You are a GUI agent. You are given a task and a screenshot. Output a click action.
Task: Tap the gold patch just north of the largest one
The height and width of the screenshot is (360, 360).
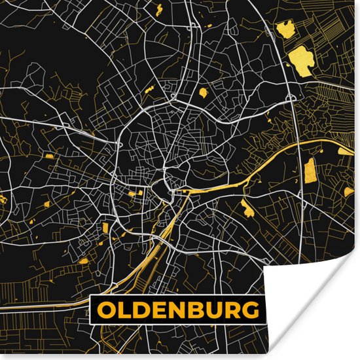click(x=285, y=28)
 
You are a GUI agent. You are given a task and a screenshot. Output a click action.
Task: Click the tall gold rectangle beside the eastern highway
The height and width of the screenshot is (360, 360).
click(x=310, y=170)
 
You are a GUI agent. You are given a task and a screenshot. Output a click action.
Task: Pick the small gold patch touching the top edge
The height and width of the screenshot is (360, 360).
click(x=159, y=9)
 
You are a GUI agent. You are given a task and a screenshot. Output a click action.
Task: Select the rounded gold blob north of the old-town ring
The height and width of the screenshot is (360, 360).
click(x=203, y=93)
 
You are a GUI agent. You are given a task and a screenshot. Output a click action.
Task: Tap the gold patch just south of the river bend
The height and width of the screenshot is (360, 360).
click(x=247, y=209)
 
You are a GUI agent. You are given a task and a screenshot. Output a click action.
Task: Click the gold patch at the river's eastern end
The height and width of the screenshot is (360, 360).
click(x=345, y=151)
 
